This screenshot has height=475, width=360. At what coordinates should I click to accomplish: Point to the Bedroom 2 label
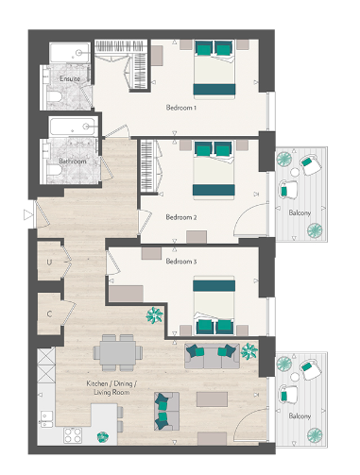click(x=180, y=216)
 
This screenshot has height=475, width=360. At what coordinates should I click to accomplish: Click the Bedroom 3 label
click(x=180, y=261)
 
